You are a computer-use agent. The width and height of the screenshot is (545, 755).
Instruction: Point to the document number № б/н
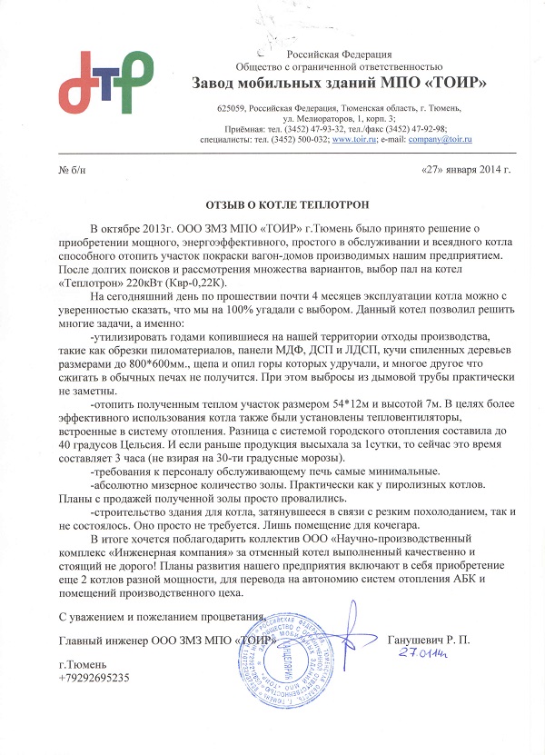click(71, 172)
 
